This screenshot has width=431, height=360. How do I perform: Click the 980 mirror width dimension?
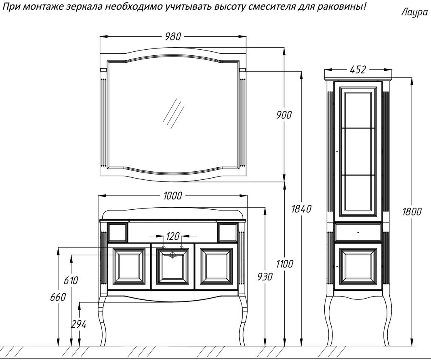pyautogui.click(x=173, y=36)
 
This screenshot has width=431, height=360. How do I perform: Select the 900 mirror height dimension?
pyautogui.click(x=284, y=114)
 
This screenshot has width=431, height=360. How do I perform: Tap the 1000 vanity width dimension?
pyautogui.click(x=172, y=196)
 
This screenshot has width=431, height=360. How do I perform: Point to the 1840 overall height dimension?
pyautogui.click(x=301, y=209)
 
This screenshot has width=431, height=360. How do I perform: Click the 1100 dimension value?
pyautogui.click(x=285, y=264)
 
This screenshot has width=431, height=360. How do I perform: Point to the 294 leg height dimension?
pyautogui.click(x=79, y=324)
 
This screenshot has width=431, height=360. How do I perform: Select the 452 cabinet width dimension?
pyautogui.click(x=357, y=69)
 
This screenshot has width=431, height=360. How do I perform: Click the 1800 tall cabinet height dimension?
pyautogui.click(x=412, y=211)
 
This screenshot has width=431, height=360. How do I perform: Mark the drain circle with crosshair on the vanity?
pyautogui.click(x=173, y=255)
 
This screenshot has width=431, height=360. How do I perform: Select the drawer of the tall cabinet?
pyautogui.click(x=358, y=232)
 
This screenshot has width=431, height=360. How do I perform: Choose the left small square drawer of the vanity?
pyautogui.click(x=118, y=232)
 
